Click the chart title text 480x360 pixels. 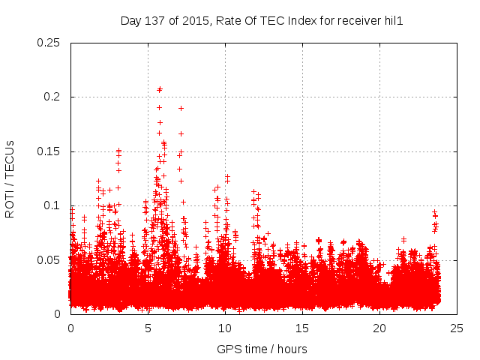click(x=262, y=21)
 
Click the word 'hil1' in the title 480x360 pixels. click(x=393, y=21)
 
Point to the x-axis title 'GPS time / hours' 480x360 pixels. click(x=262, y=349)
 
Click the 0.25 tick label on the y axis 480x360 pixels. click(x=49, y=43)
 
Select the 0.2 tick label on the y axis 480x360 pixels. click(x=52, y=97)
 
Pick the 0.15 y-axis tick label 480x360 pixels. click(x=49, y=151)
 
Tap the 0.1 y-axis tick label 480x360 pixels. click(x=52, y=205)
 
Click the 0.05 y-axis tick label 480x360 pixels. click(x=49, y=260)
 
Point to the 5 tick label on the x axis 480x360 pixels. click(x=148, y=328)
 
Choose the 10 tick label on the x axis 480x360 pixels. click(x=225, y=328)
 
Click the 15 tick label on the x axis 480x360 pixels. click(x=302, y=328)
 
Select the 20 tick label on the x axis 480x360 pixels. click(x=379, y=328)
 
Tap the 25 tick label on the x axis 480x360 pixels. click(x=457, y=328)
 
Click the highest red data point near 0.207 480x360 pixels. click(x=160, y=89)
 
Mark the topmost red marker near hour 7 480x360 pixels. click(x=181, y=108)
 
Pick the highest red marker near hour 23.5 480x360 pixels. click(x=434, y=212)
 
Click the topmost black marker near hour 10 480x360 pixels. click(x=227, y=176)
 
